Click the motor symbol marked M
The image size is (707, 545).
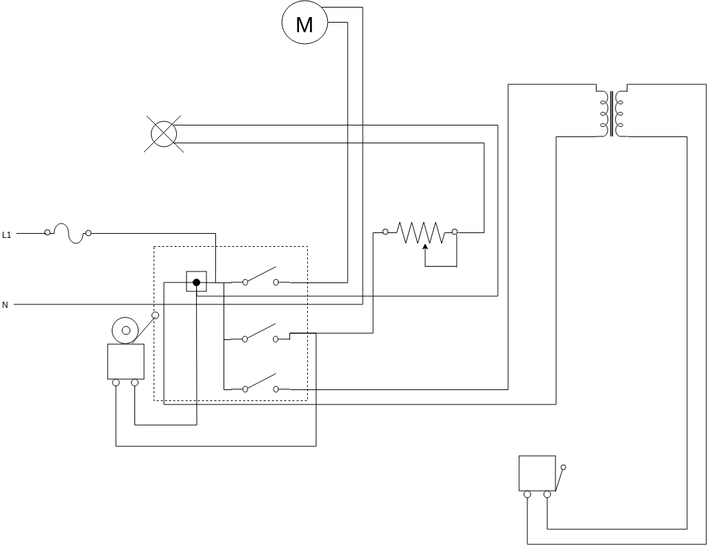point(304,24)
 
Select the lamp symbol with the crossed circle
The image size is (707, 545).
point(163,133)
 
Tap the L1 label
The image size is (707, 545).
point(7,234)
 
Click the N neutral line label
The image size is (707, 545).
point(5,304)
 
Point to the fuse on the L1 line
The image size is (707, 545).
point(68,233)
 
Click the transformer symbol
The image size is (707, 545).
point(612,113)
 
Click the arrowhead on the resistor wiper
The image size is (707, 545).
point(425,247)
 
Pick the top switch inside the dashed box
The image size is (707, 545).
point(261,276)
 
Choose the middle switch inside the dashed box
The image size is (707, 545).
point(261,333)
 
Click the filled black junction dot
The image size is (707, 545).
point(196,282)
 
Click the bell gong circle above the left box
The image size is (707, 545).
point(125,330)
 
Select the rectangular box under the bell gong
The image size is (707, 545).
point(125,361)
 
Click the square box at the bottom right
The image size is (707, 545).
point(537,473)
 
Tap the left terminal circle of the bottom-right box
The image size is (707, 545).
point(527,494)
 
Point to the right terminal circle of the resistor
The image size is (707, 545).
point(455,232)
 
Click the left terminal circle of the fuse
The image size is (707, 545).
point(47,233)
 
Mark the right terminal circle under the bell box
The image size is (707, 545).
point(134,383)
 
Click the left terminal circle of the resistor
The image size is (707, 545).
point(385,232)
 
